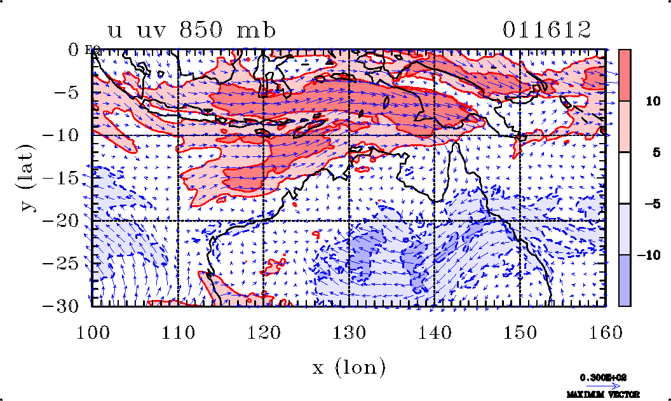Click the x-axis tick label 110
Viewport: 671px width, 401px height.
178,332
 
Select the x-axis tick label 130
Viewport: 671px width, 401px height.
349,332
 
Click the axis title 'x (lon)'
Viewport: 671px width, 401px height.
348,367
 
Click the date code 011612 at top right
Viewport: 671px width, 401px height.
547,30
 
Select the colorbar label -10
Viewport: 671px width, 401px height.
652,255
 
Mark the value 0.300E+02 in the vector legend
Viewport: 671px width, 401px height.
603,377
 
